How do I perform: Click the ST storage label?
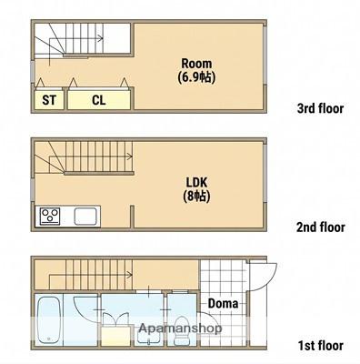pyautogui.click(x=49, y=100)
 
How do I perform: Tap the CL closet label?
pyautogui.click(x=99, y=100)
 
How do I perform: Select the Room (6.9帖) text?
pyautogui.click(x=196, y=70)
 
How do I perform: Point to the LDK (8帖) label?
pyautogui.click(x=196, y=189)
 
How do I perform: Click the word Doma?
pyautogui.click(x=223, y=303)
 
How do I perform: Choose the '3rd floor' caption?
pyautogui.click(x=321, y=108)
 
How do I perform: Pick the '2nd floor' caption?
pyautogui.click(x=321, y=227)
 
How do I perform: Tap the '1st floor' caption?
pyautogui.click(x=321, y=346)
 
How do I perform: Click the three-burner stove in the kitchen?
pyautogui.click(x=50, y=216)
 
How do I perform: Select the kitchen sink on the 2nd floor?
pyautogui.click(x=85, y=217)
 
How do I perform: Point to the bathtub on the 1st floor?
pyautogui.click(x=49, y=320)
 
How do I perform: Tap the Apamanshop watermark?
pyautogui.click(x=180, y=328)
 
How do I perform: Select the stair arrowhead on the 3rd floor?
pyautogui.click(x=101, y=38)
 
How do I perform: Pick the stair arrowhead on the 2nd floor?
pyautogui.click(x=130, y=157)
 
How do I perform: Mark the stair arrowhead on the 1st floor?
pyautogui.click(x=130, y=275)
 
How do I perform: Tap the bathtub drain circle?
pyautogui.click(x=49, y=339)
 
